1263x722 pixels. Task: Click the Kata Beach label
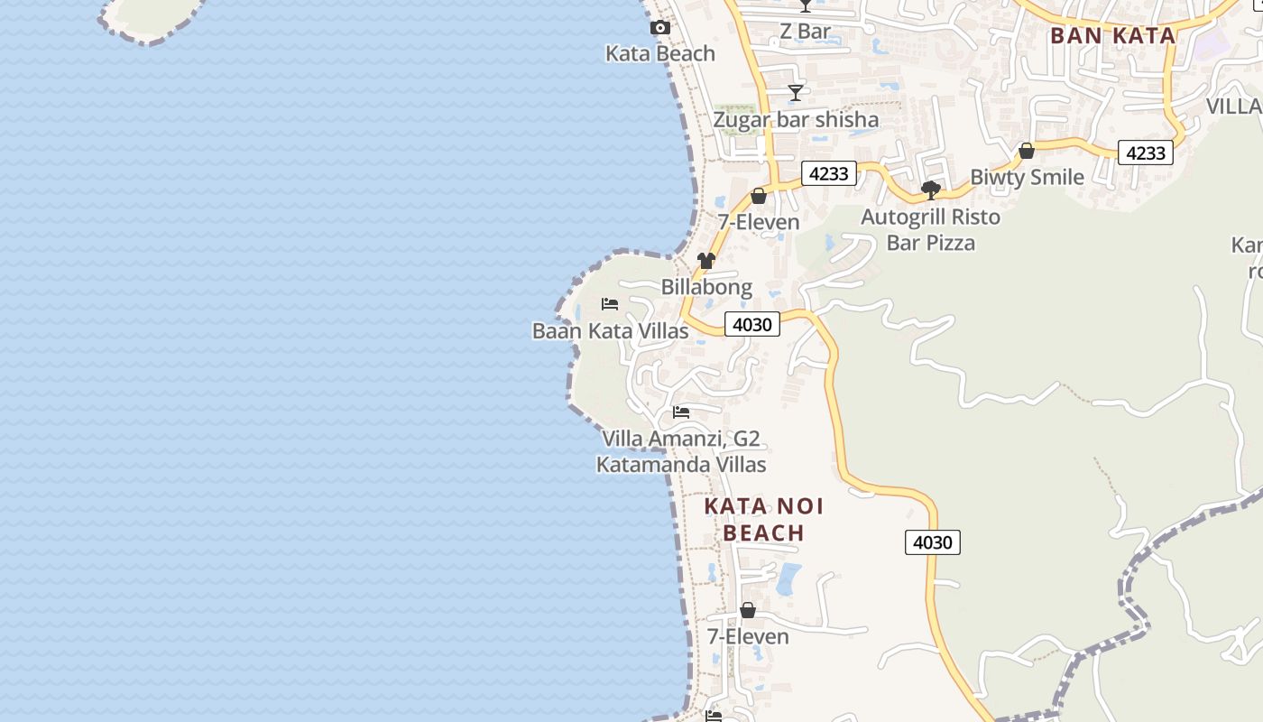pos(659,53)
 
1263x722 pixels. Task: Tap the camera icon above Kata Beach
pos(660,28)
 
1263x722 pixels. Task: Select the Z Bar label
pos(805,32)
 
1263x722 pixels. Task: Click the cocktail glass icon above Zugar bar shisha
pos(795,93)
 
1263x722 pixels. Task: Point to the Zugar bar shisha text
pos(795,119)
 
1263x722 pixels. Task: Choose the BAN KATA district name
pos(1112,36)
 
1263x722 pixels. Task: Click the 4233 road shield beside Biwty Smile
pos(1145,153)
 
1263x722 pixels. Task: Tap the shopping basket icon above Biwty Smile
pos(1026,151)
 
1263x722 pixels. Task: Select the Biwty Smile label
pos(1027,177)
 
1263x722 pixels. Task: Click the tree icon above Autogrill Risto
pos(931,190)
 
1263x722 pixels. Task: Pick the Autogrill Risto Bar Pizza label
pos(930,229)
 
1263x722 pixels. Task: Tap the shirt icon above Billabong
pos(705,262)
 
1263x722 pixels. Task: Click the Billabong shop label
pos(706,287)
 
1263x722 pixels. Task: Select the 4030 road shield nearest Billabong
pos(752,324)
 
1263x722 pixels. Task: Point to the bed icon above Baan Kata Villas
pos(610,304)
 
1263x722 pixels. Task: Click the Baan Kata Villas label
pos(610,330)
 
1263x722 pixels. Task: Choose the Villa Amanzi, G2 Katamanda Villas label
pos(681,451)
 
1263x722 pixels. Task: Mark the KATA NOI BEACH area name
pos(763,519)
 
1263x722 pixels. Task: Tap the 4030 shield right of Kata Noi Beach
pos(932,542)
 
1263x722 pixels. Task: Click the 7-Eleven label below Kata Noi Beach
pos(747,636)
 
